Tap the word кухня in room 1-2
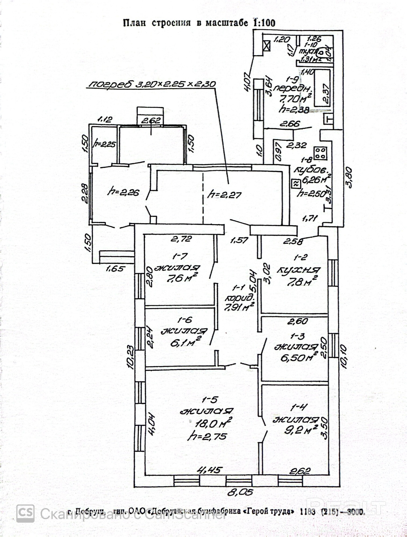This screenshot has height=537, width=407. (x=299, y=270)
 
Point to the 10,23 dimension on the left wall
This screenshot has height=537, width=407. (x=131, y=357)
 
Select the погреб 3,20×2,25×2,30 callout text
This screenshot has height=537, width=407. (x=152, y=84)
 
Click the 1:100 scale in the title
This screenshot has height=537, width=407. (x=264, y=23)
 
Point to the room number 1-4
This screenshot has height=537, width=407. (x=298, y=408)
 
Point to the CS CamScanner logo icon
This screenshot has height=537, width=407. (x=26, y=513)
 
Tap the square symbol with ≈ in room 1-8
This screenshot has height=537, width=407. (x=296, y=184)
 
